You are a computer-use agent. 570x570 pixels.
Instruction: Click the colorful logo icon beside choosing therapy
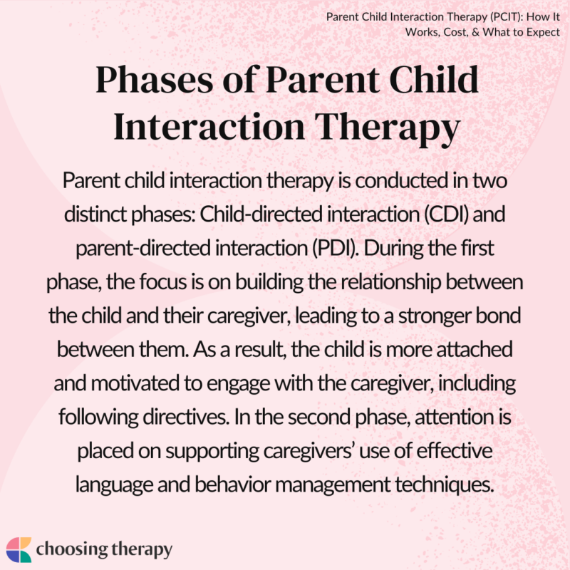(20, 549)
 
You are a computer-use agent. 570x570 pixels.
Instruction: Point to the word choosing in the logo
(74, 549)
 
